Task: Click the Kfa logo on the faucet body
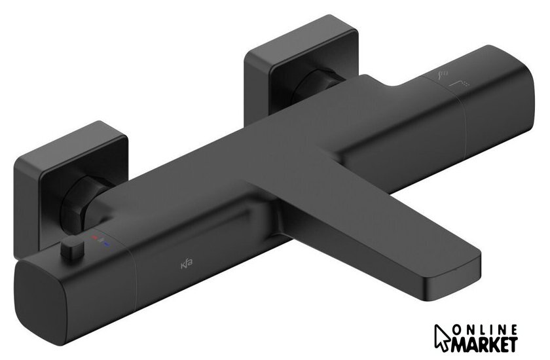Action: (186, 264)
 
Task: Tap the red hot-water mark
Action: (94, 238)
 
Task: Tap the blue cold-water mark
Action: (107, 243)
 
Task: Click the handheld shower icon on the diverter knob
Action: (443, 74)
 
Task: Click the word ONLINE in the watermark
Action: (485, 330)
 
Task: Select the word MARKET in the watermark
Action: (485, 344)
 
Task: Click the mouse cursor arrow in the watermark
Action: (441, 338)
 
